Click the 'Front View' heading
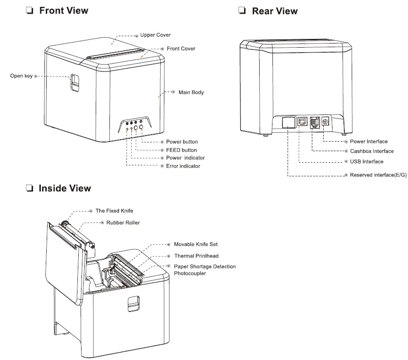64,11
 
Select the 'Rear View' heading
274,11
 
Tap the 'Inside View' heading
65,188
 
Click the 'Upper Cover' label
155,35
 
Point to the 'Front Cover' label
181,49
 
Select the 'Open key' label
21,76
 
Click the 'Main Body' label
191,93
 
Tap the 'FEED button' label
181,150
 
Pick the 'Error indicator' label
183,166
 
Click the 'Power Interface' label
369,142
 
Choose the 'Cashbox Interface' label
371,151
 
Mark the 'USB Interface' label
366,162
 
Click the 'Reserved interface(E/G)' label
378,175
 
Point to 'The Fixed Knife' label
114,211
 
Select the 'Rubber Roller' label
123,223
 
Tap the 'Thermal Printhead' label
196,256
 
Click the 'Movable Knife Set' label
196,245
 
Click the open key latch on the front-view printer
74,83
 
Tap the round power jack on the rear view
326,122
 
